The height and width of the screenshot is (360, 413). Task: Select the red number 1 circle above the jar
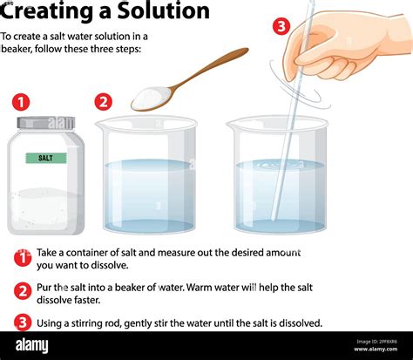pyautogui.click(x=22, y=102)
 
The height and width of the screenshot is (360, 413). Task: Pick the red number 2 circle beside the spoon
pyautogui.click(x=104, y=102)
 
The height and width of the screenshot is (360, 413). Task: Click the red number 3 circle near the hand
pyautogui.click(x=281, y=26)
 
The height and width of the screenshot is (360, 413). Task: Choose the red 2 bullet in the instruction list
pyautogui.click(x=22, y=291)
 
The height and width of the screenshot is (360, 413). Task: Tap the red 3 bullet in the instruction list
pyautogui.click(x=22, y=323)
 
